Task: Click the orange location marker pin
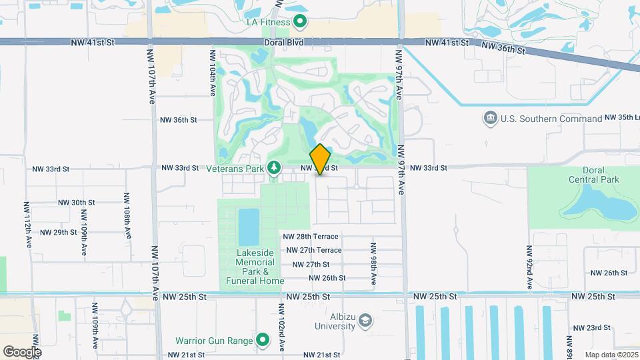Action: click(321, 159)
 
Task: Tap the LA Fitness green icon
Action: click(300, 22)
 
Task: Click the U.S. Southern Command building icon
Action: click(491, 119)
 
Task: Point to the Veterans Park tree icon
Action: click(273, 169)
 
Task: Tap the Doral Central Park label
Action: click(594, 175)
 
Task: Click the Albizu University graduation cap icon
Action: click(365, 323)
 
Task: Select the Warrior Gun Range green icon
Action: click(263, 341)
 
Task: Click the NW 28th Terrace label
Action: click(311, 237)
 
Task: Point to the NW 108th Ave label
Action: click(126, 215)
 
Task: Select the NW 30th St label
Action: click(72, 203)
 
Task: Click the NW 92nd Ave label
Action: click(529, 267)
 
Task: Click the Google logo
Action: click(22, 351)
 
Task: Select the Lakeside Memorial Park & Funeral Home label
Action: click(256, 267)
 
